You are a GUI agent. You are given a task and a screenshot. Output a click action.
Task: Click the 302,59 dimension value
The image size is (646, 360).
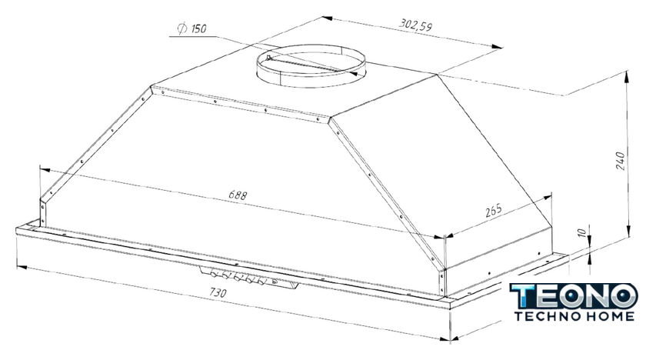click(415, 25)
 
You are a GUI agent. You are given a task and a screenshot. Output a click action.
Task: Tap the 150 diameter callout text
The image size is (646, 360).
click(198, 28)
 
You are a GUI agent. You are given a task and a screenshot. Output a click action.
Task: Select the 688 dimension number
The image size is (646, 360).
click(238, 195)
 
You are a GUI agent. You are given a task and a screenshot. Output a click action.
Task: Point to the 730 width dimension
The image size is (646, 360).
click(218, 292)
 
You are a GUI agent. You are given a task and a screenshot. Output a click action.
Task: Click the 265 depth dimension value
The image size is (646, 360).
click(494, 211)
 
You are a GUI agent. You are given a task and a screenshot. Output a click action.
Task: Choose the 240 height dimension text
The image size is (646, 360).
click(621, 161)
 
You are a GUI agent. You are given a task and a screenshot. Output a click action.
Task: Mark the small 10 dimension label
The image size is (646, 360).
click(581, 232)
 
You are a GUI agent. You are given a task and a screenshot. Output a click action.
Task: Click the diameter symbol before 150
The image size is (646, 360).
click(182, 28)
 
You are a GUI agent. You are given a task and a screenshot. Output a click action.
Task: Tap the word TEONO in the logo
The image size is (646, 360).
click(574, 295)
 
